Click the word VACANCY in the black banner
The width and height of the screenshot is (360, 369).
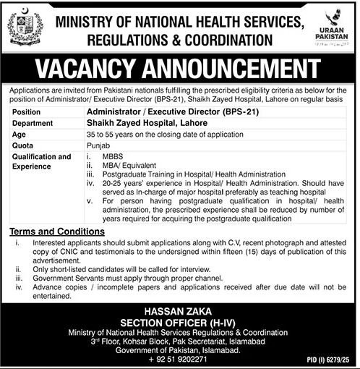coord(102,71)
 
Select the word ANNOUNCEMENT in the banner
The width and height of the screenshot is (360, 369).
coord(239,71)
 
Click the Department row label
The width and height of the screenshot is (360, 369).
coord(33,123)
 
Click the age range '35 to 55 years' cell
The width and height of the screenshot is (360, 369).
coord(172,134)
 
